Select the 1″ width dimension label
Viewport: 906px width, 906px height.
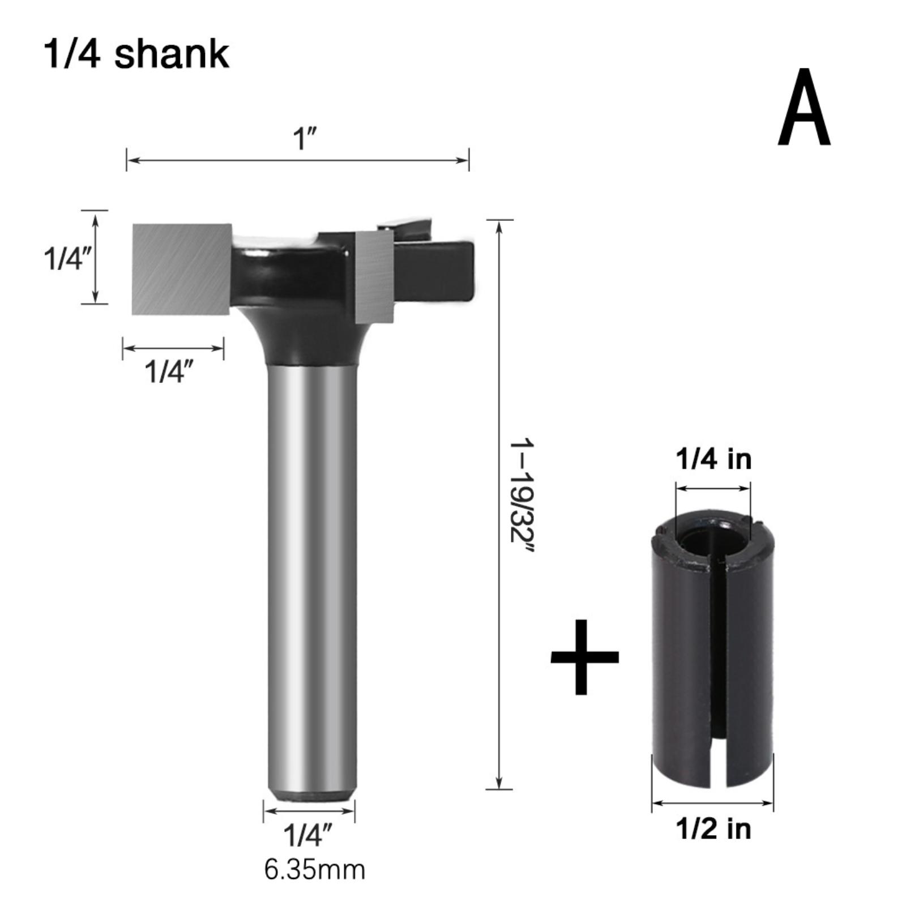[x=304, y=138]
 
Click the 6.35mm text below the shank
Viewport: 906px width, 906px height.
[x=315, y=870]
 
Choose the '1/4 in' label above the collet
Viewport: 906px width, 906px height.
[x=713, y=459]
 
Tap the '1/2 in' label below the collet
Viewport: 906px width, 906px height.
[x=713, y=829]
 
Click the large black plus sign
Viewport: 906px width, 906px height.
[x=585, y=657]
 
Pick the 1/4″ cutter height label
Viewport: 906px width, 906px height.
[x=67, y=259]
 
